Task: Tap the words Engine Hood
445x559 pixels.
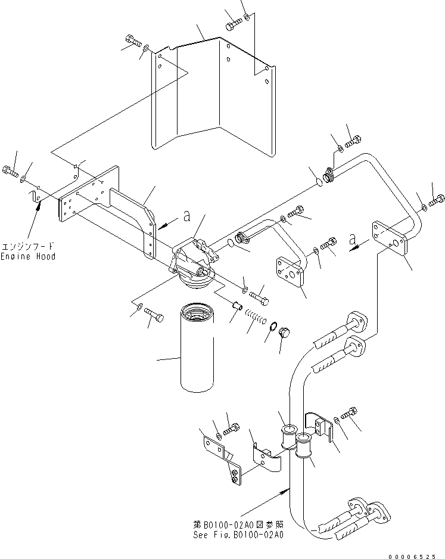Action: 28,256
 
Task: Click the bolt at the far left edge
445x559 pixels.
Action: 10,172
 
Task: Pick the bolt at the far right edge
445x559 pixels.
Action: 438,200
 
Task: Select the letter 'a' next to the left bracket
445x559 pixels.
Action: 186,217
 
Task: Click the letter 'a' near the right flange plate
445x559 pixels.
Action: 353,239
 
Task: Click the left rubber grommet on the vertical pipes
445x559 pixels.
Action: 288,438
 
